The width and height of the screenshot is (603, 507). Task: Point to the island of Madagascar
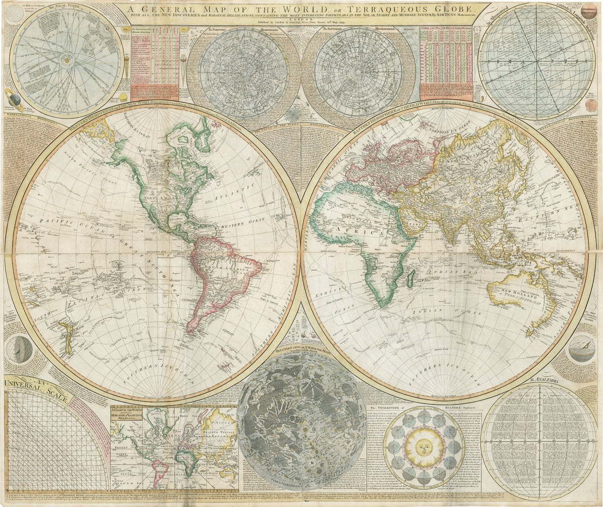tap(411, 278)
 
